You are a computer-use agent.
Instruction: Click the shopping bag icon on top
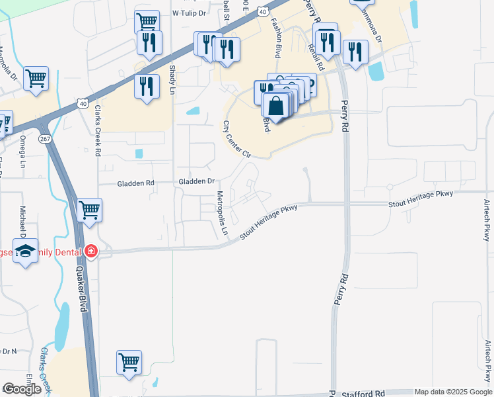[x=275, y=105]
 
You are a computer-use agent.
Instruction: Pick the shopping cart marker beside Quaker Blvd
[x=90, y=211]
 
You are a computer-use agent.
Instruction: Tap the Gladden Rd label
[x=135, y=183]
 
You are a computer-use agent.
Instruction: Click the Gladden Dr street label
[x=197, y=181]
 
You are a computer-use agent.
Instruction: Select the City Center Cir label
[x=237, y=139]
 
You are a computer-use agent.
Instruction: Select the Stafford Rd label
[x=363, y=394]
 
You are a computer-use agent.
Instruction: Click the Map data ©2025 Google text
[x=453, y=392]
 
